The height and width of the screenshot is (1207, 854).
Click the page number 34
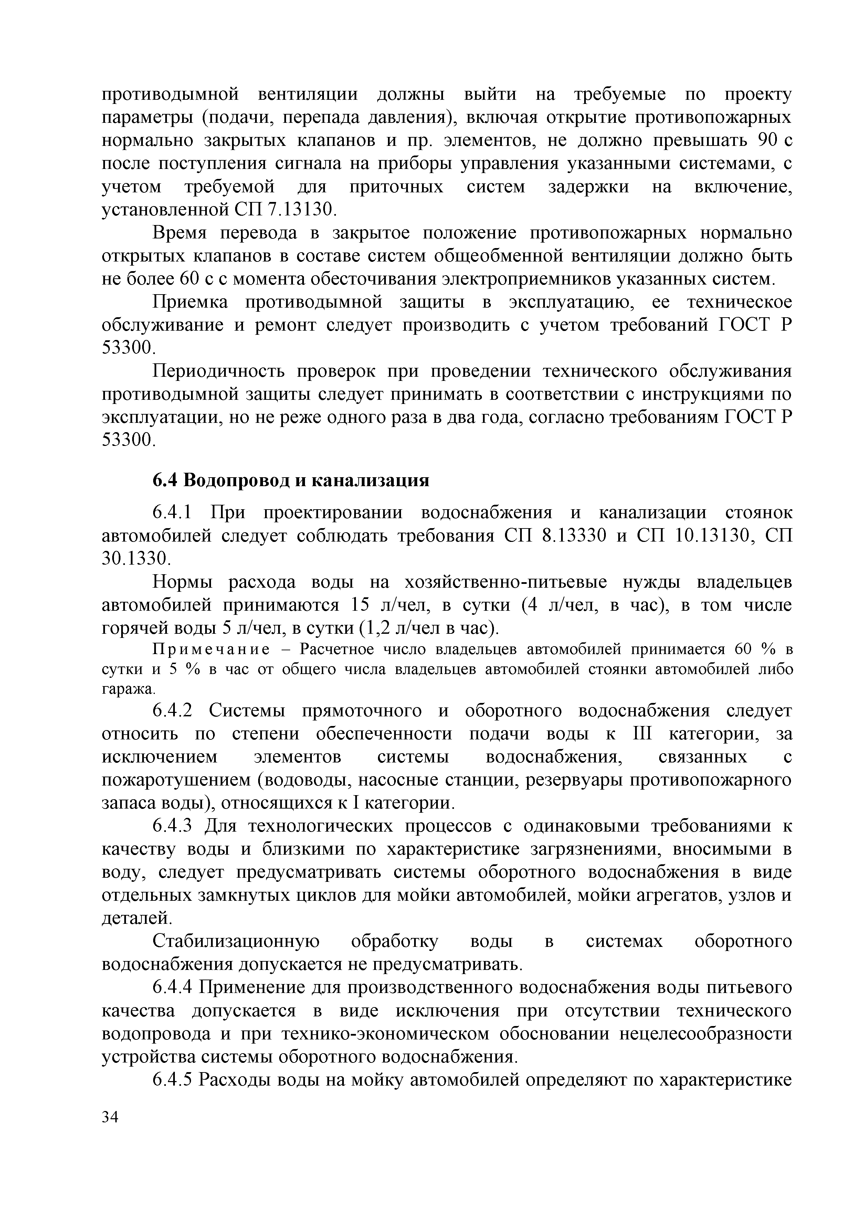110,1132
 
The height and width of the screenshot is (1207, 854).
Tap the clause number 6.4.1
173,513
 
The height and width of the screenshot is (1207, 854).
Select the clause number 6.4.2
173,711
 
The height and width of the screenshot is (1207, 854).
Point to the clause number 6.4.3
173,826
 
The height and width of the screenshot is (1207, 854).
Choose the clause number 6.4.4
173,988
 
